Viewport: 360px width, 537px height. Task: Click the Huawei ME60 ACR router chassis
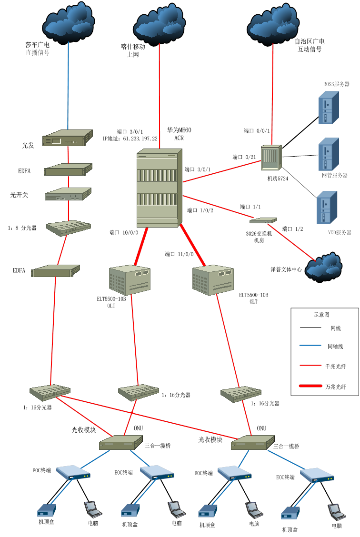coord(160,189)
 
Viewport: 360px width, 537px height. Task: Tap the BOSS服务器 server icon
coord(329,108)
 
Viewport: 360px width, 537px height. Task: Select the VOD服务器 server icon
coord(327,207)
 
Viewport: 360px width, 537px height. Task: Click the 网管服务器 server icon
coord(329,154)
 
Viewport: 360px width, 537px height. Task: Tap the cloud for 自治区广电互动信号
coord(273,24)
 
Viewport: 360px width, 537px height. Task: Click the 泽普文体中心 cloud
coord(324,268)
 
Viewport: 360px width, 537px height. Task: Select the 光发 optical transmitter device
coord(67,139)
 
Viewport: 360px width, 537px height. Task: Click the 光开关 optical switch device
coord(68,195)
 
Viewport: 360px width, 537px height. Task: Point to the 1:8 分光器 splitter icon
coord(69,228)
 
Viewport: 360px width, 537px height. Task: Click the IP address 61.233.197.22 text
coord(130,139)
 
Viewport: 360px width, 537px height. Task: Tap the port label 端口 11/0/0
coord(179,254)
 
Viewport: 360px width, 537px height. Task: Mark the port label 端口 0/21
coord(244,157)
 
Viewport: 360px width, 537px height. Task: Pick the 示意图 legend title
coord(321,315)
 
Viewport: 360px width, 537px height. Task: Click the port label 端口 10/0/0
coord(124,233)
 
